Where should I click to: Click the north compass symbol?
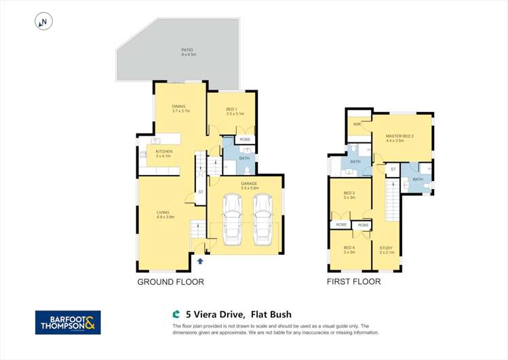tap(43, 22)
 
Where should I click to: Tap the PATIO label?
tap(187, 49)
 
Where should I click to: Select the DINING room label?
tap(178, 106)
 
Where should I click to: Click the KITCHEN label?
tap(164, 151)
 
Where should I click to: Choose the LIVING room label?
tap(165, 214)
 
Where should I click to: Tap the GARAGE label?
tap(249, 183)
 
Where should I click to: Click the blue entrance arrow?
tap(200, 260)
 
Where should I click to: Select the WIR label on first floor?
tap(355, 125)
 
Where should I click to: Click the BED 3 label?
tap(349, 193)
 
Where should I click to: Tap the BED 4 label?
tap(349, 247)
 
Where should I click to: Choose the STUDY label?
tap(386, 247)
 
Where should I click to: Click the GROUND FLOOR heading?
tap(170, 281)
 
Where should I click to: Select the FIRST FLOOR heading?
tap(353, 281)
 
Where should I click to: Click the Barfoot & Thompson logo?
tap(68, 322)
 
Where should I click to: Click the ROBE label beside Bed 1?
tap(245, 139)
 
